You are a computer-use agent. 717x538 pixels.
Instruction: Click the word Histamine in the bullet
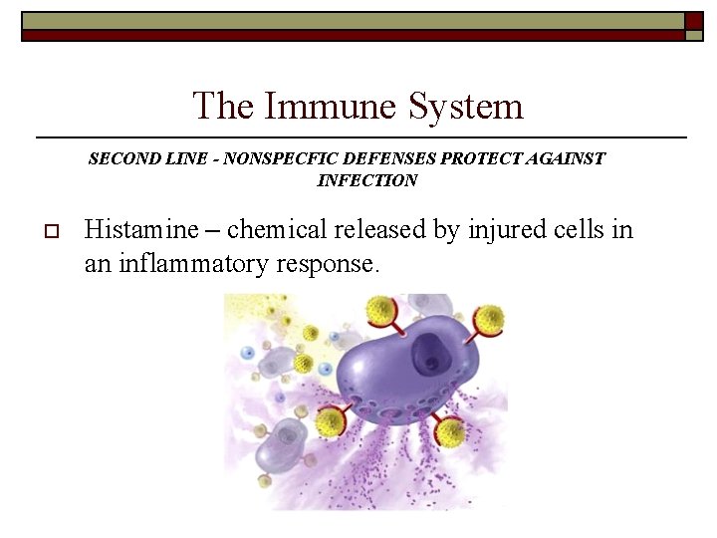tap(141, 230)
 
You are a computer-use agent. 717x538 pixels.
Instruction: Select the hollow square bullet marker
tap(52, 231)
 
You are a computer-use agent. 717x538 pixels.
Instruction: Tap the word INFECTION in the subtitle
tap(367, 180)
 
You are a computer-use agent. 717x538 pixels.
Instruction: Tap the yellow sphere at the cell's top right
tap(490, 319)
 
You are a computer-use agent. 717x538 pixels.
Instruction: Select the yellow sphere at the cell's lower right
tap(451, 432)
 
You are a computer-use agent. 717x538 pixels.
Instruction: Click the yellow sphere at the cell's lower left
tap(330, 422)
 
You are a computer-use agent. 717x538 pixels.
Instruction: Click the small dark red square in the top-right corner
tap(694, 20)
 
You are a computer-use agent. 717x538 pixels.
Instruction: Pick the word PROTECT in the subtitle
tap(481, 158)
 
